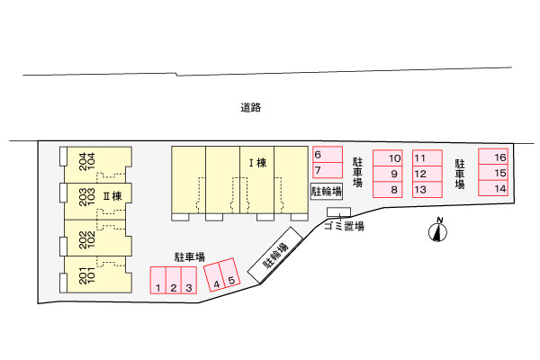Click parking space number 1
click(158, 280)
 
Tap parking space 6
click(328, 154)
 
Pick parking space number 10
click(388, 157)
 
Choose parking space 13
click(427, 190)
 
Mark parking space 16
click(493, 157)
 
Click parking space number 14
click(493, 188)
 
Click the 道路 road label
click(251, 107)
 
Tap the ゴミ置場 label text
click(344, 226)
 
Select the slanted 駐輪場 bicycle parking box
click(275, 256)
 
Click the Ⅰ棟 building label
click(258, 163)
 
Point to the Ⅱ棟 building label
click(112, 196)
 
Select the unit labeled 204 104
click(98, 165)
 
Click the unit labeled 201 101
click(98, 274)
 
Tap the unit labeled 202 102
click(98, 238)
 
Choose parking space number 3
click(189, 280)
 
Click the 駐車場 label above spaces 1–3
click(189, 257)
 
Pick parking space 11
click(427, 158)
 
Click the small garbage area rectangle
click(339, 212)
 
